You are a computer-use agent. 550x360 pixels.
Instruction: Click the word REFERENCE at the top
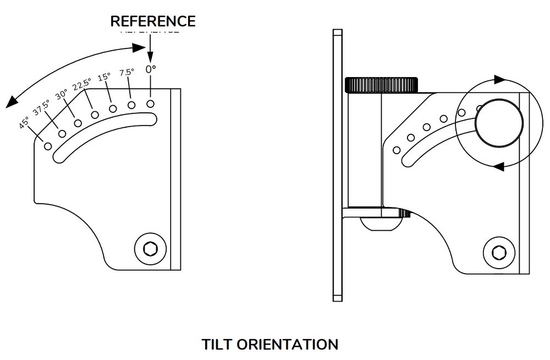(x=153, y=21)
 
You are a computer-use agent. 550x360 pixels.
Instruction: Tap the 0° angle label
(x=151, y=69)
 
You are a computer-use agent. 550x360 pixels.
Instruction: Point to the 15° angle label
(x=104, y=78)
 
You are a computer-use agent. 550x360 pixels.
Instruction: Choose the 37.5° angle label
(x=41, y=108)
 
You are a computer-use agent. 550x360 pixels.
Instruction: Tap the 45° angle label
(x=24, y=122)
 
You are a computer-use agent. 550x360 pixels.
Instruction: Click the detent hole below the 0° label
(x=150, y=103)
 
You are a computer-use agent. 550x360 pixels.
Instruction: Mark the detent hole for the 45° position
(x=48, y=146)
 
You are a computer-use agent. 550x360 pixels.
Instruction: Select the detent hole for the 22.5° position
(x=95, y=114)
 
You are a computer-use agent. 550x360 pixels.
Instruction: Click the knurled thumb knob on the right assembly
(x=381, y=85)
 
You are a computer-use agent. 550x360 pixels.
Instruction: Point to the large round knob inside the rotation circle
(x=499, y=122)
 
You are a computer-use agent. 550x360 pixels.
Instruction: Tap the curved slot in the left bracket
(x=105, y=135)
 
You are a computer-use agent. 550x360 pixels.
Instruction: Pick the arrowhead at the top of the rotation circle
(x=499, y=80)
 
